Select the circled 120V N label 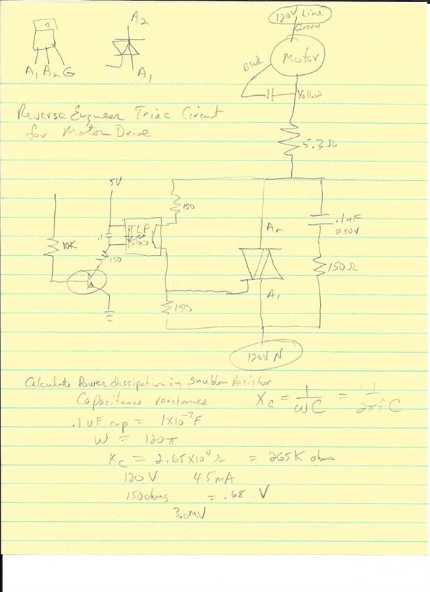click(265, 357)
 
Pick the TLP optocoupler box click(141, 236)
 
